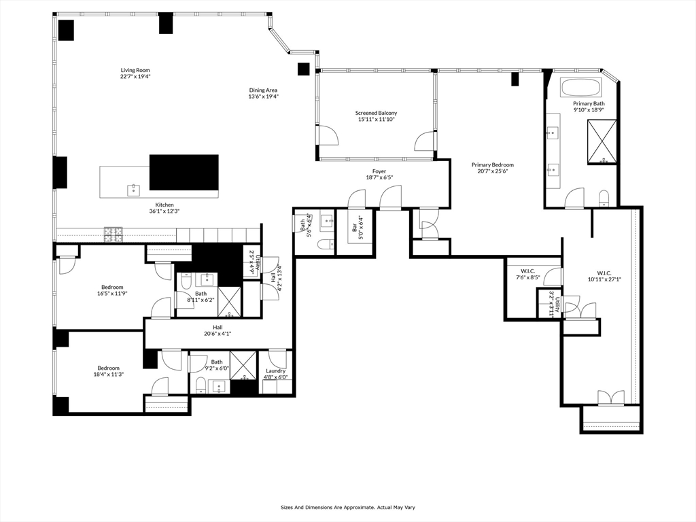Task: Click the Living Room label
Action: click(x=135, y=70)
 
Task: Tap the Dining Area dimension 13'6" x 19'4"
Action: click(x=263, y=97)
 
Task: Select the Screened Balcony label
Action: click(x=376, y=113)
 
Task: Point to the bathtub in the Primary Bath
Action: click(x=580, y=88)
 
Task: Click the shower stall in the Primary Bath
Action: click(x=602, y=141)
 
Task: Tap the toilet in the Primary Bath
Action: click(x=604, y=198)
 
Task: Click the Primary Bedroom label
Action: click(x=493, y=164)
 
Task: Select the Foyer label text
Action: click(x=379, y=171)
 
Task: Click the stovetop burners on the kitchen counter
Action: click(x=114, y=234)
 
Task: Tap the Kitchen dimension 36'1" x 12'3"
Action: click(x=164, y=211)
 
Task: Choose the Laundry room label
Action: click(x=276, y=370)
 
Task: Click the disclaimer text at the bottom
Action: click(x=347, y=507)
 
